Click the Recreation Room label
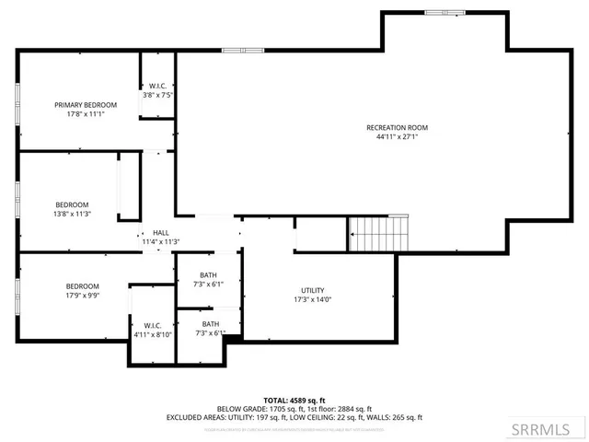coord(397,127)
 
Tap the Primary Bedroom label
coord(86,105)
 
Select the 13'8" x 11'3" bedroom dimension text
coord(72,215)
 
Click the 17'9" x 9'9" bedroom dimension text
coord(82,297)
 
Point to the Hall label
coord(161,232)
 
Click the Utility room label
coord(312,290)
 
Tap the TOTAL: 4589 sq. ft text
coord(294,400)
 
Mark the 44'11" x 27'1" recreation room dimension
coord(397,137)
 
